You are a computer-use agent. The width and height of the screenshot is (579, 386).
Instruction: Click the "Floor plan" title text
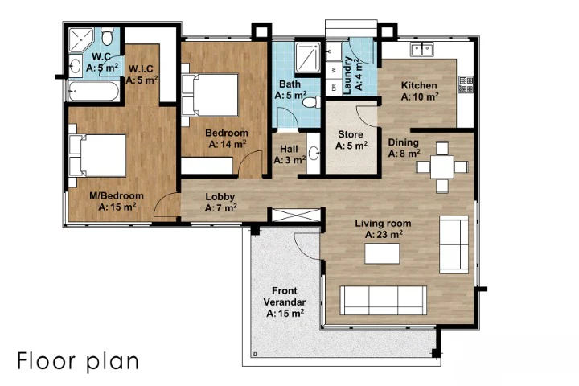78,361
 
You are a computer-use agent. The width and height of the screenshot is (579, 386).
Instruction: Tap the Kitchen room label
419,85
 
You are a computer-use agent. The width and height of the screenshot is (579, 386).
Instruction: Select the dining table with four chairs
442,167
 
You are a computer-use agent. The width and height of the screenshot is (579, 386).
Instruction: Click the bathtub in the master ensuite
94,91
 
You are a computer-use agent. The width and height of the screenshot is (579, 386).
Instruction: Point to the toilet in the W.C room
108,36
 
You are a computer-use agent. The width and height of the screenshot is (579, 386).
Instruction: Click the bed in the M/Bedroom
97,155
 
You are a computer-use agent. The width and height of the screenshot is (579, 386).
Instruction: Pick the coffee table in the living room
382,253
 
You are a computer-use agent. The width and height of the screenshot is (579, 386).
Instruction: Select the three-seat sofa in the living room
384,300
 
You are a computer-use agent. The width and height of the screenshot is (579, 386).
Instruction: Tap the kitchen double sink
422,50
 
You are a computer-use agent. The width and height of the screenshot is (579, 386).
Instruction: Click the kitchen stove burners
466,84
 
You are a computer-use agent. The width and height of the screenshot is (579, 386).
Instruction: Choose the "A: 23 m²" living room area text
384,235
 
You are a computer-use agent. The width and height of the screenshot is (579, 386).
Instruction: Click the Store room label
351,134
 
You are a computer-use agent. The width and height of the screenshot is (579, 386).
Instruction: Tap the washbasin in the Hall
314,153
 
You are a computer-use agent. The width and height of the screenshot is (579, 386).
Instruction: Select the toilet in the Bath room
312,102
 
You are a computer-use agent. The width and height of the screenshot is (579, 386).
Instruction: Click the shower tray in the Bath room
307,58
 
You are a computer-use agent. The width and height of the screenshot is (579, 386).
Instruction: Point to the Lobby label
220,197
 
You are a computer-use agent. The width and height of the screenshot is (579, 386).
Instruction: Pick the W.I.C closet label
141,68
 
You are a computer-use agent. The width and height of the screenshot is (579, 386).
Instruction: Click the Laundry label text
348,75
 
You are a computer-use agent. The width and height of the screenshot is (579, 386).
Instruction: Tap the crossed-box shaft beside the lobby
296,216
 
